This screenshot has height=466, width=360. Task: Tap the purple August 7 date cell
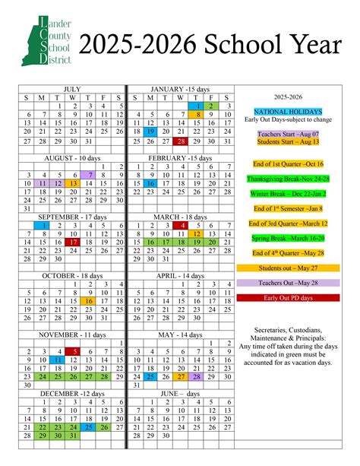90,174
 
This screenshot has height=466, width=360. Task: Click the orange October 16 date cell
90,301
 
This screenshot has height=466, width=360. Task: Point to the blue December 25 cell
90,426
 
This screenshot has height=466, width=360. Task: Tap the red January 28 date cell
180,141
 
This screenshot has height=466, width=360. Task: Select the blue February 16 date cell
151,183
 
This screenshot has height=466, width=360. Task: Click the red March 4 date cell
180,225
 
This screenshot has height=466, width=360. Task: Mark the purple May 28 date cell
197,376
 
